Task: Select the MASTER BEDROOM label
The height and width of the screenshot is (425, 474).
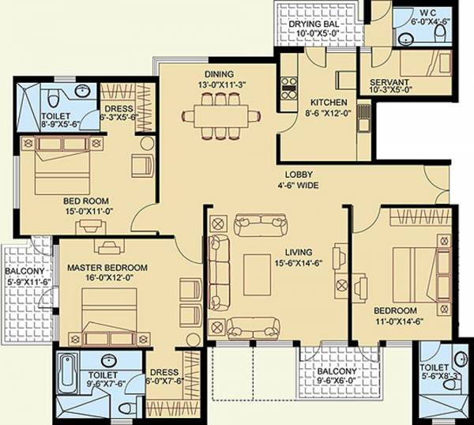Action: point(103,267)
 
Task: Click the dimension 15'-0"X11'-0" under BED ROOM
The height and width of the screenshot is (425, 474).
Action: point(86,212)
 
